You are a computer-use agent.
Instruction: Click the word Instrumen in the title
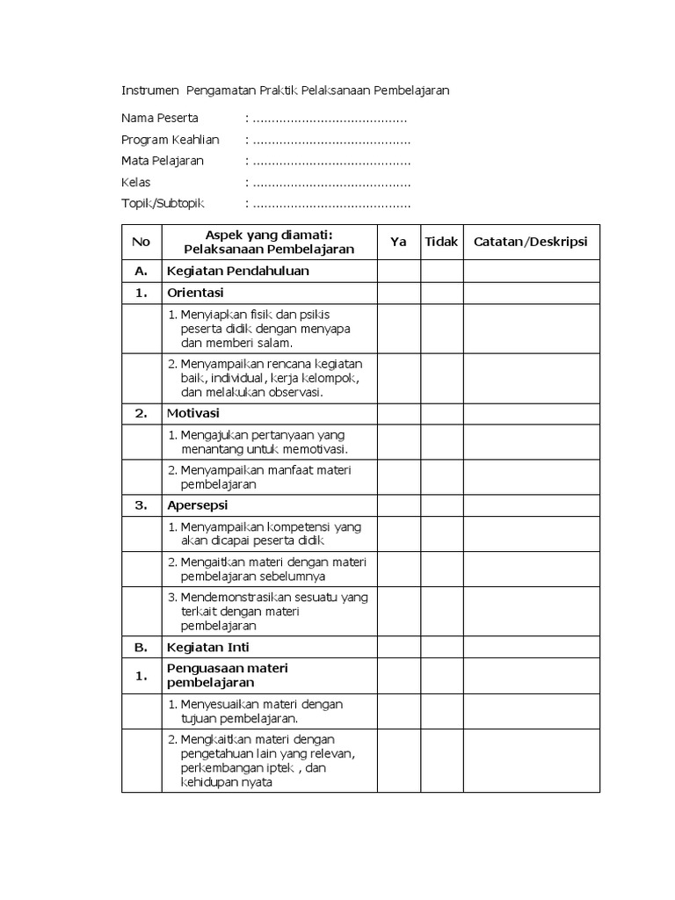(148, 91)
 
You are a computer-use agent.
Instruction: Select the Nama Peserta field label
(160, 118)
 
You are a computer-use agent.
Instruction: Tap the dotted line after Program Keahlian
(330, 141)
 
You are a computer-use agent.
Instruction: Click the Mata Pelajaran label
(163, 161)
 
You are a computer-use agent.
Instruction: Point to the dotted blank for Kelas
(330, 184)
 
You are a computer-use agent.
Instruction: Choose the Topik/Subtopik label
(163, 204)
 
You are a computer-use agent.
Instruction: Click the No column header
(141, 242)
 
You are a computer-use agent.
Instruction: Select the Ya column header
(399, 242)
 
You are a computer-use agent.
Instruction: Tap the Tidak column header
(442, 242)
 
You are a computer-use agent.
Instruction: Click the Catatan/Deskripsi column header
(531, 242)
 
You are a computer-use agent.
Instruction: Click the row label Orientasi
(195, 293)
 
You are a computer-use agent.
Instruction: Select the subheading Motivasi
(193, 413)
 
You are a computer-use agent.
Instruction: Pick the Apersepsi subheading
(197, 504)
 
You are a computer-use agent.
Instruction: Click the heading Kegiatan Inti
(207, 648)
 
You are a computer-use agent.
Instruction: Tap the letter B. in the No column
(141, 648)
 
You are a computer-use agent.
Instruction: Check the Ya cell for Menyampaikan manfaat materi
(399, 477)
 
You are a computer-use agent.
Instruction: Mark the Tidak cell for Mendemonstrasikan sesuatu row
(442, 612)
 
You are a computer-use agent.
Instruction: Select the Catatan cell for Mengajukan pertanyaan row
(531, 442)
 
